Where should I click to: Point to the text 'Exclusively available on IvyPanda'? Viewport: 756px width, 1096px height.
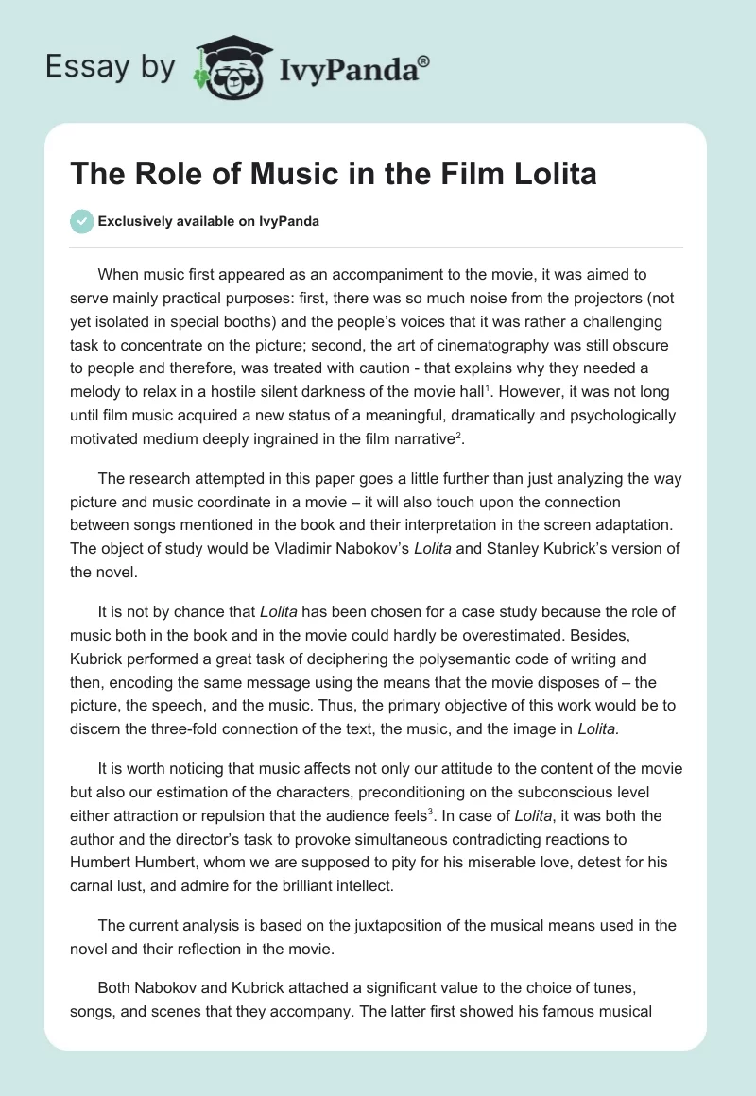208,221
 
